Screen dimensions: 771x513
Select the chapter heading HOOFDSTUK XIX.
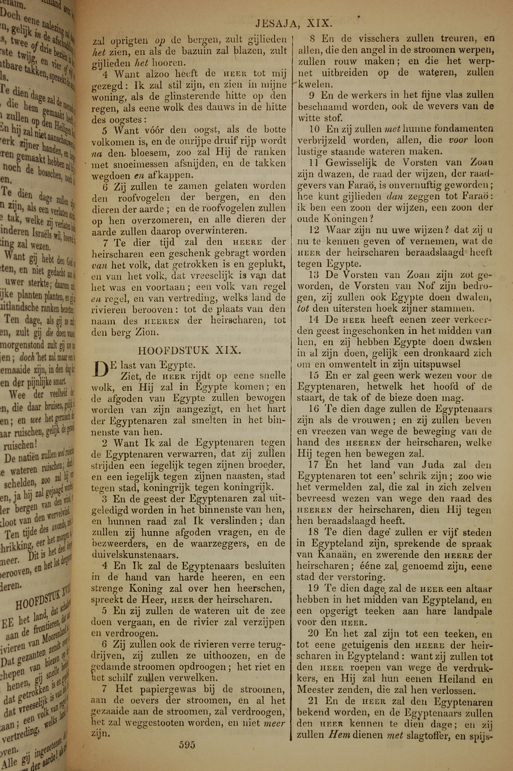(x=189, y=350)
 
